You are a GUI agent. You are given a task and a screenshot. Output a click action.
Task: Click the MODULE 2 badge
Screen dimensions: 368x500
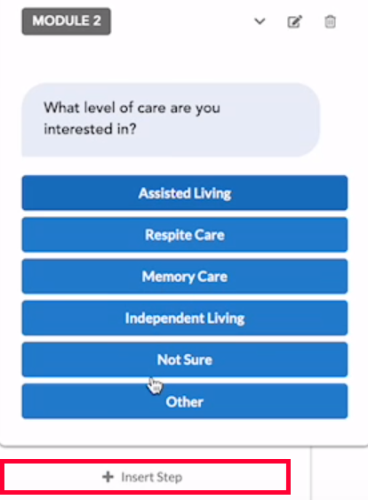(67, 21)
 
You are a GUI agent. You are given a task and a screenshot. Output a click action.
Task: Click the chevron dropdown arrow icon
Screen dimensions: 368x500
(260, 21)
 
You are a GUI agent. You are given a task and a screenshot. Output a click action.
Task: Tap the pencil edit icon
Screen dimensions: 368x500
(295, 21)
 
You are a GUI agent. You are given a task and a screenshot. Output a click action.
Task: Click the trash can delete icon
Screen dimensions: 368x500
(330, 21)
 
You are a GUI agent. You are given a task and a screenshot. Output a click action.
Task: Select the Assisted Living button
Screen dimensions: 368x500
(185, 193)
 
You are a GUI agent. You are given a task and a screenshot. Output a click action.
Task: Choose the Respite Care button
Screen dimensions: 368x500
(185, 235)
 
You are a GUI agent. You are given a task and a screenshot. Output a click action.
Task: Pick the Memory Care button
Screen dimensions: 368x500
(185, 277)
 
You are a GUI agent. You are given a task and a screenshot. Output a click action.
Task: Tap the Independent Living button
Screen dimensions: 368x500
(185, 318)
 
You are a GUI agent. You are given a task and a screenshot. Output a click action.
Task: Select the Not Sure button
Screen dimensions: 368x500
(185, 359)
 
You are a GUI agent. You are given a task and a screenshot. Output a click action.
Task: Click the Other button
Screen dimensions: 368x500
(185, 401)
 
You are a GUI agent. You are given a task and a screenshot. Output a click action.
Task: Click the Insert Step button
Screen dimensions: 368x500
(145, 477)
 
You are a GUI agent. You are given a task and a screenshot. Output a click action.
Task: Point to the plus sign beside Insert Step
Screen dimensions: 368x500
(108, 477)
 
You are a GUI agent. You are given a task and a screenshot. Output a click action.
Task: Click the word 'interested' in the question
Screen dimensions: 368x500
(78, 129)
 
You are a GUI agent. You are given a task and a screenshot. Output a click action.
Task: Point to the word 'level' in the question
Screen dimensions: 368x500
(100, 108)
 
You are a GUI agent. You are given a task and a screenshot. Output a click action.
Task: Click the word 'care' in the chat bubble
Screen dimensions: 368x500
(151, 109)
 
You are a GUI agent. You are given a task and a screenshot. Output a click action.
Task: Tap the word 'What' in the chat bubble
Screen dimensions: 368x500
(61, 108)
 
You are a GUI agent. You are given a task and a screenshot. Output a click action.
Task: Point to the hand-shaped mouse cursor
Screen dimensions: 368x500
(155, 385)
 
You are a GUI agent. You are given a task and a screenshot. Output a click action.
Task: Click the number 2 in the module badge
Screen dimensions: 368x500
(97, 21)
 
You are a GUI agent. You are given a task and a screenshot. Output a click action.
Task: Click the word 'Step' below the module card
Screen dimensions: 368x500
(170, 478)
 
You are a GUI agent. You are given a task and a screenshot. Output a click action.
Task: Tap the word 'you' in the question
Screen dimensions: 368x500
(208, 109)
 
